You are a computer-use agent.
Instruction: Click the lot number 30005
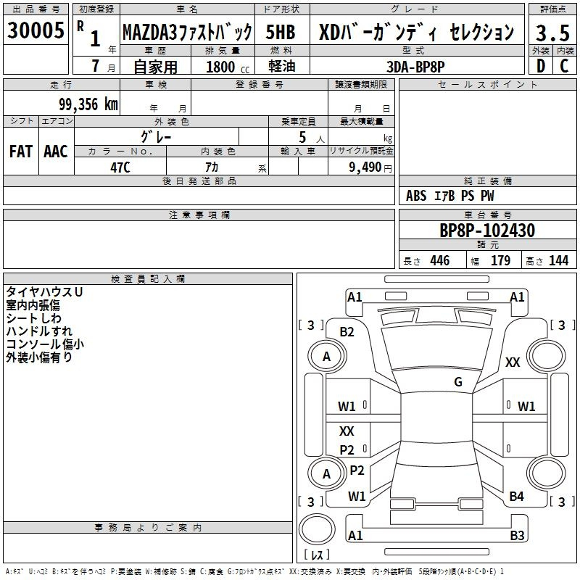[x=36, y=30]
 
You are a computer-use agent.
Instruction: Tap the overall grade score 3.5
[x=552, y=33]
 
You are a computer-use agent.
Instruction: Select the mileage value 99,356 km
[x=88, y=104]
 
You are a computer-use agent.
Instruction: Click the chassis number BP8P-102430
[x=487, y=230]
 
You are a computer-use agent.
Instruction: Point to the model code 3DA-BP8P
[x=415, y=67]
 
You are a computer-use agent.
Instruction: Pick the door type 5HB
[x=281, y=32]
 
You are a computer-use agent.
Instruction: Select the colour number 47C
[x=120, y=167]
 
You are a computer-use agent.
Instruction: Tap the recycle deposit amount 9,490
[x=365, y=167]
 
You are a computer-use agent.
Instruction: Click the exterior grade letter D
[x=541, y=66]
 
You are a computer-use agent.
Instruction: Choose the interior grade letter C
[x=564, y=66]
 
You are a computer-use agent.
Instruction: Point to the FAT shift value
[x=21, y=152]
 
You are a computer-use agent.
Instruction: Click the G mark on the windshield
[x=458, y=381]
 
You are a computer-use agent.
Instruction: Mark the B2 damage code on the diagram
[x=347, y=332]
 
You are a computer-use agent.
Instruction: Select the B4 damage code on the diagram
[x=516, y=497]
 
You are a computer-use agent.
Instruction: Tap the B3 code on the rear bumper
[x=517, y=535]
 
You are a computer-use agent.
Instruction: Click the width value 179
[x=500, y=260]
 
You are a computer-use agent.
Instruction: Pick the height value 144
[x=558, y=260]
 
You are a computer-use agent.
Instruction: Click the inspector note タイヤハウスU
[x=44, y=292]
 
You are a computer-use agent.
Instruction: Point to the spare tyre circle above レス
[x=317, y=529]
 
